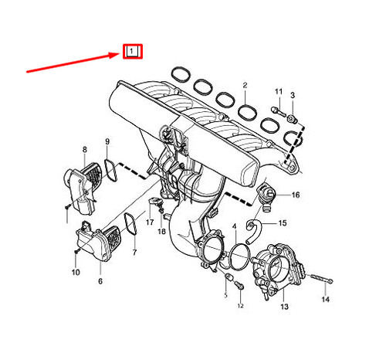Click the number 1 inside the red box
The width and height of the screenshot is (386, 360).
tap(133, 52)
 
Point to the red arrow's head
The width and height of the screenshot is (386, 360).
tap(120, 54)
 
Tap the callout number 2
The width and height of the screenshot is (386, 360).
tap(245, 84)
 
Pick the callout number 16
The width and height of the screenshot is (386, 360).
tap(295, 195)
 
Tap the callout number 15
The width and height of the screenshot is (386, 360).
tap(282, 223)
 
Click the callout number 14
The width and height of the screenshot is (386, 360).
tap(325, 298)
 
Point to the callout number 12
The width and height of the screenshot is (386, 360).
tap(240, 307)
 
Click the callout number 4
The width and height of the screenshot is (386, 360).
tap(235, 227)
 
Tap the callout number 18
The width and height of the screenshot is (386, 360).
tap(162, 231)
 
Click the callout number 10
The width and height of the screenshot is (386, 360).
tap(76, 273)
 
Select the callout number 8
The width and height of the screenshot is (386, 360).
tap(85, 148)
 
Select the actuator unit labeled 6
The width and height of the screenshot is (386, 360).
tap(96, 243)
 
